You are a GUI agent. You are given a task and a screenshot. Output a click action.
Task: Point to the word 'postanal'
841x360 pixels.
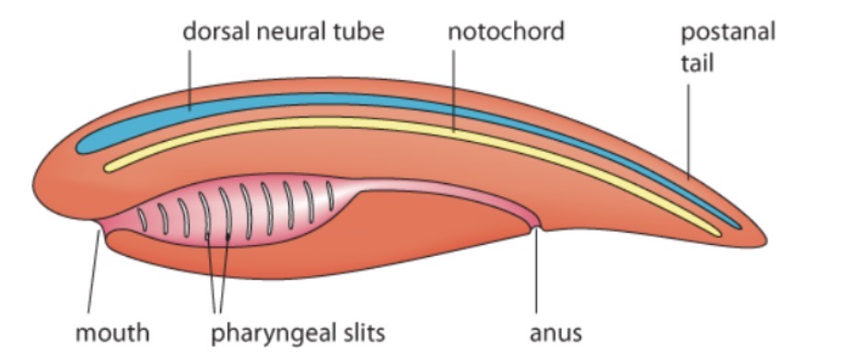pos(727,33)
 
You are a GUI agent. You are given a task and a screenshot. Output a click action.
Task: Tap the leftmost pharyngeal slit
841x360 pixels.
pos(143,219)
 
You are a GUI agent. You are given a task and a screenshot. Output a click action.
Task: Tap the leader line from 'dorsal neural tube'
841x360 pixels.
pos(191,78)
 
